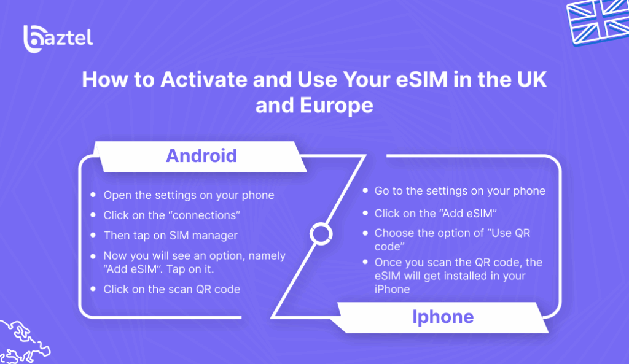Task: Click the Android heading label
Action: click(201, 155)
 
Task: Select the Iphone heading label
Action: click(442, 317)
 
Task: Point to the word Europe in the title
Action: click(332, 105)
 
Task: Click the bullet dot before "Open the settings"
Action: click(93, 195)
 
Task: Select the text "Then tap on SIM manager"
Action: click(170, 235)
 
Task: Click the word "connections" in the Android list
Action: click(203, 215)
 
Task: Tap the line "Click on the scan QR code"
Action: click(171, 288)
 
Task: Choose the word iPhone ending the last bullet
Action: click(392, 289)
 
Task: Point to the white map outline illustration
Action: click(23, 341)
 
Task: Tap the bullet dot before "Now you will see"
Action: click(93, 255)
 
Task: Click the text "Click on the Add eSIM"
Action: click(435, 213)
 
